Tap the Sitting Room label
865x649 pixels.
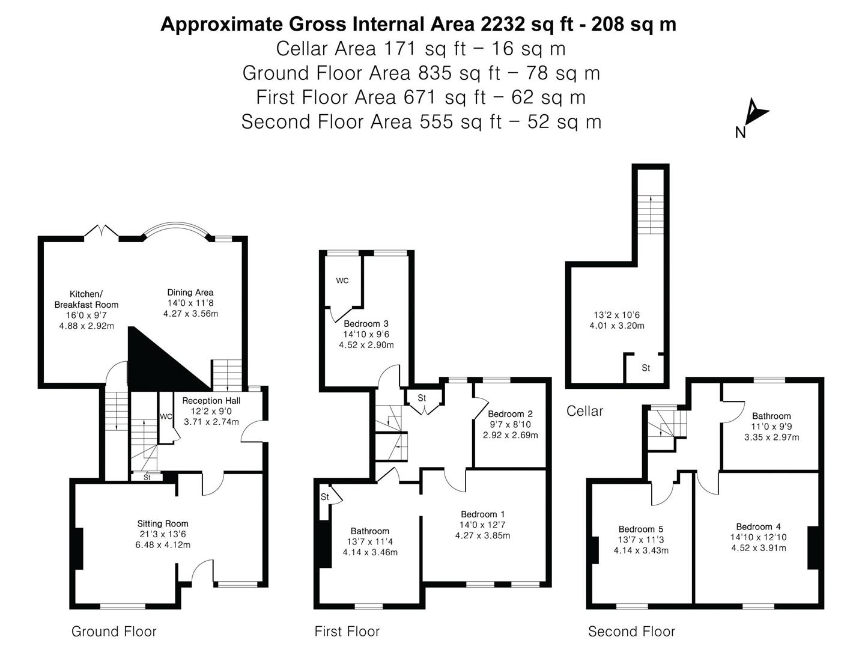(x=162, y=523)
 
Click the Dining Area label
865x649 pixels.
(x=190, y=293)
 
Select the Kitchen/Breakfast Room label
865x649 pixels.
(x=86, y=299)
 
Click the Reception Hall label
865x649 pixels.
(x=211, y=401)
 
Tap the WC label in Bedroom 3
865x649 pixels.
(x=342, y=281)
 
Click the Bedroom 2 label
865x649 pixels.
(x=510, y=414)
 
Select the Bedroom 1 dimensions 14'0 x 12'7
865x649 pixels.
(x=482, y=525)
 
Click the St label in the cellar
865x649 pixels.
(x=646, y=368)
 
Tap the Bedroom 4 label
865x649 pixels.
(x=758, y=527)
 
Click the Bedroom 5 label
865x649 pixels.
(x=641, y=529)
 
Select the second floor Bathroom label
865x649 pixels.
(x=771, y=416)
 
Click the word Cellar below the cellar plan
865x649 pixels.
(x=584, y=411)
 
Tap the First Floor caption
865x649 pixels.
(x=347, y=632)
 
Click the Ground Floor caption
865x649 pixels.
(x=114, y=632)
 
